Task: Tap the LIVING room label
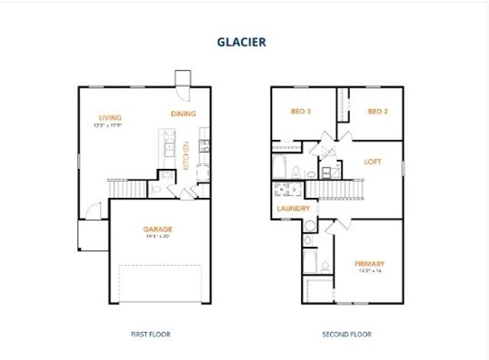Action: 108,117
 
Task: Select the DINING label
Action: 183,114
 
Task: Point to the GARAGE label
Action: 158,229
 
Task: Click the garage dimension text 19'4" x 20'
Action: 158,236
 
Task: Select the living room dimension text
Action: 108,125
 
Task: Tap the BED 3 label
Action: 300,112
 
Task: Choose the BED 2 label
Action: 377,112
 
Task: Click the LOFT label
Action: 372,162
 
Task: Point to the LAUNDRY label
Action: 293,208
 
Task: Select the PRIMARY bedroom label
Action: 369,264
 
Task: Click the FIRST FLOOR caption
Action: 150,334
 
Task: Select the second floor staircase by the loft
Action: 336,189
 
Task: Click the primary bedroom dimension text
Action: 369,271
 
